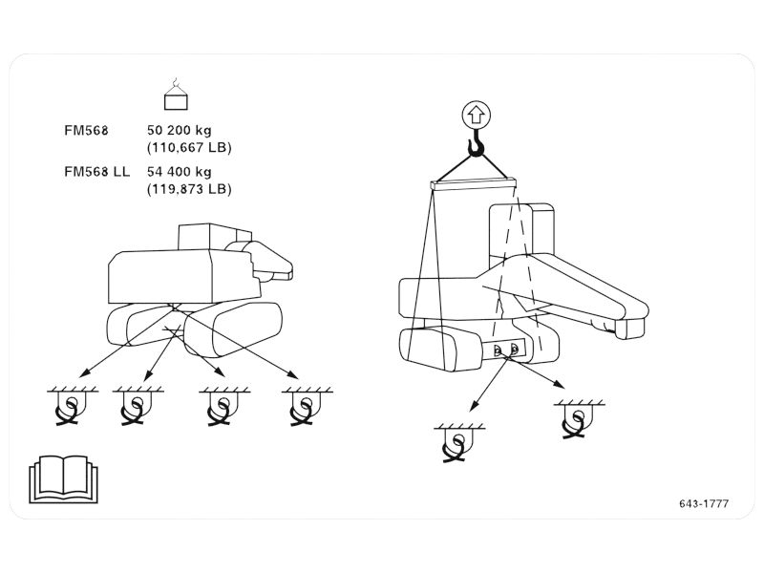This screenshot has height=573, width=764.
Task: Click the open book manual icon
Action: [63, 479]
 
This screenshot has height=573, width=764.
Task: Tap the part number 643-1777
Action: [704, 504]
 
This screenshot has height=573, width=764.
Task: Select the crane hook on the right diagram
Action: [476, 143]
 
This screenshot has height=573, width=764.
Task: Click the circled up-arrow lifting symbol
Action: [476, 115]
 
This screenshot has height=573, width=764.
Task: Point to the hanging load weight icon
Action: [176, 95]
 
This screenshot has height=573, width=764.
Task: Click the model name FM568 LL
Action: [97, 172]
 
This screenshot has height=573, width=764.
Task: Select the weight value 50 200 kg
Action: [180, 131]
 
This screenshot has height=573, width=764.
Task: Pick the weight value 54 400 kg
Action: [180, 172]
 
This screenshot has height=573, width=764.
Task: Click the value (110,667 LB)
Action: [189, 147]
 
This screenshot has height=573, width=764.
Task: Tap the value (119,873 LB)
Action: [189, 188]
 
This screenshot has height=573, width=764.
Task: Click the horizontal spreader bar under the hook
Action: [473, 184]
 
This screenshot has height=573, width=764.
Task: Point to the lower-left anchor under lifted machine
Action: [459, 443]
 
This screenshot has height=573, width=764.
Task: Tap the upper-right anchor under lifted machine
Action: [579, 419]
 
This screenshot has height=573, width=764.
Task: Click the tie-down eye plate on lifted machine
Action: [505, 350]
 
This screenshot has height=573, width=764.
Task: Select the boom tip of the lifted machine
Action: [631, 327]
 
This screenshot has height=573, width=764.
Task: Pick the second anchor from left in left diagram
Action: [138, 406]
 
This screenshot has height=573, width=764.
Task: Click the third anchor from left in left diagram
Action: [224, 406]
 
